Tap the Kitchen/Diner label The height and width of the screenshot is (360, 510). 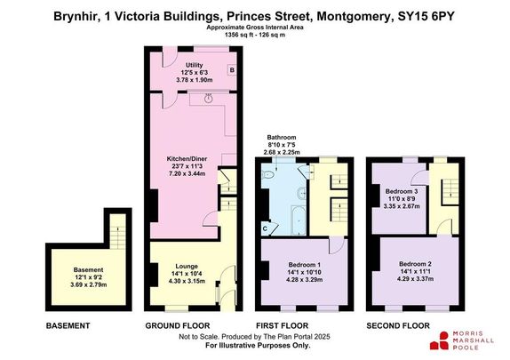click(x=193, y=161)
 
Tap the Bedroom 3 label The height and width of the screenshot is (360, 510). click(x=401, y=190)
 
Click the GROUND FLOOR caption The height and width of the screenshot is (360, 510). click(x=179, y=326)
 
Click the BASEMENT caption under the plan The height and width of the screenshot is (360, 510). click(x=68, y=326)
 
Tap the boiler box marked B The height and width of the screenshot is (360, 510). click(x=231, y=69)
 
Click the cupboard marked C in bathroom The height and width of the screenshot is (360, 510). click(x=266, y=228)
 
